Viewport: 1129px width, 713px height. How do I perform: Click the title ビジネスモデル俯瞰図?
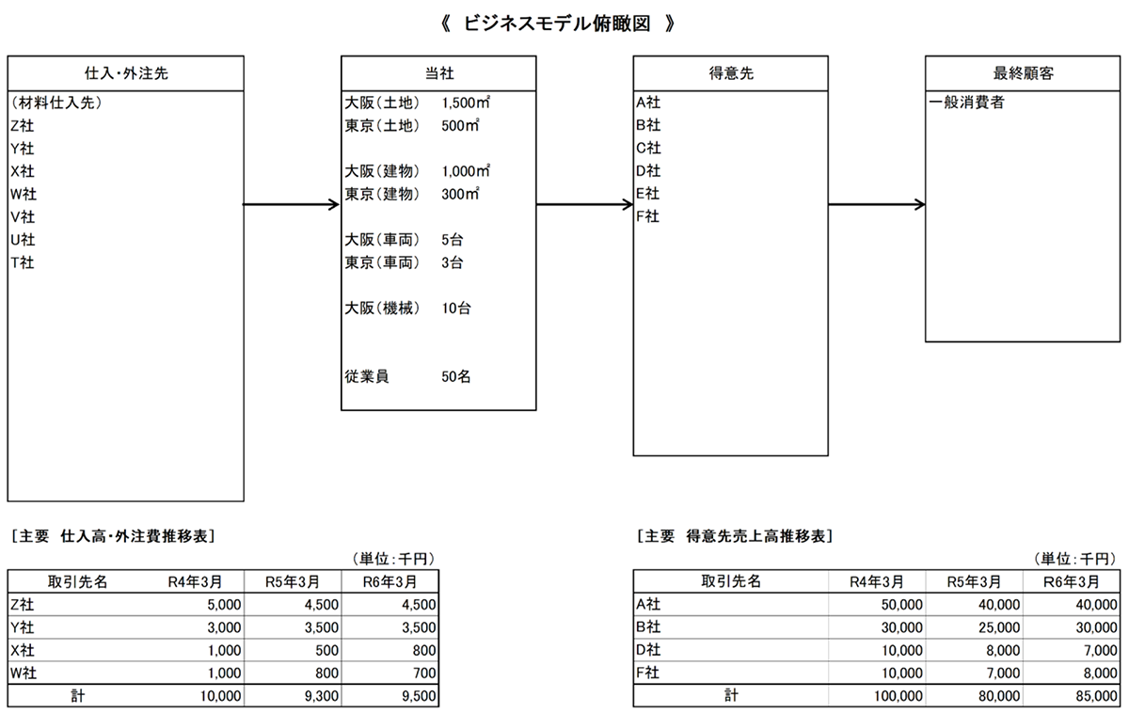pos(557,24)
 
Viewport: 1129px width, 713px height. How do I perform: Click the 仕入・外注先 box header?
pos(125,73)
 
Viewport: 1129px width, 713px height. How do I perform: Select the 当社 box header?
pos(438,73)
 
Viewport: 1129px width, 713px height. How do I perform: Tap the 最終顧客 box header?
pos(1023,73)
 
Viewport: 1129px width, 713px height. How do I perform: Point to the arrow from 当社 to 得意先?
pos(584,204)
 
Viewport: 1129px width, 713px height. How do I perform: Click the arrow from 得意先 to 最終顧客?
pos(877,204)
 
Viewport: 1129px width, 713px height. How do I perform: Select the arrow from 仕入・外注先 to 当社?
pos(292,204)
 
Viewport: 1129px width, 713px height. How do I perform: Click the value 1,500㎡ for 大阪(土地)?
pos(466,103)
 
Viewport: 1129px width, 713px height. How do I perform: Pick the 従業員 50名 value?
pos(455,376)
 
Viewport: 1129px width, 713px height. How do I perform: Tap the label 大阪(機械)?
pos(382,308)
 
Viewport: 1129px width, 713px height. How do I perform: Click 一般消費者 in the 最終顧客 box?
pos(967,103)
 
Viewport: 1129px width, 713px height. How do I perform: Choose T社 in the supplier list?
pos(23,262)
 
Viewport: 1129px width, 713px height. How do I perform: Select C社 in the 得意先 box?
pos(648,148)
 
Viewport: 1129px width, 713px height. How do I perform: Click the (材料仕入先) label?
pos(56,103)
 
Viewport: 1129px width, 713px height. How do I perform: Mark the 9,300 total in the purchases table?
pos(321,696)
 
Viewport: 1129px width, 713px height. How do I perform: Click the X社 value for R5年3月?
pos(326,650)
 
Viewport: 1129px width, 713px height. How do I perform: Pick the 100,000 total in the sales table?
pos(898,696)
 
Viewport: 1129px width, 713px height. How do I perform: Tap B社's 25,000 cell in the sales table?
pos(999,627)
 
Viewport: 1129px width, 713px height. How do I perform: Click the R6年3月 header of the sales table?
pos(1071,582)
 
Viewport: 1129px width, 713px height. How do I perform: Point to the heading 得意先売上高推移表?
pos(755,536)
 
